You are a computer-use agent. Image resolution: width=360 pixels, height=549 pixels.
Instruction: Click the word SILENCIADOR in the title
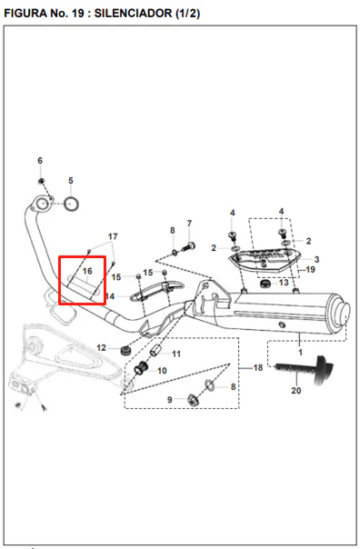point(133,14)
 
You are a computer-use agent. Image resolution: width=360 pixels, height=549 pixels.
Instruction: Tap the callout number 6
point(40,161)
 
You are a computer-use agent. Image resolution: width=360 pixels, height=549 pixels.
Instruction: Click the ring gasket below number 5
point(71,204)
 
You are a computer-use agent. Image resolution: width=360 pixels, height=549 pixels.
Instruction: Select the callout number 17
point(113,236)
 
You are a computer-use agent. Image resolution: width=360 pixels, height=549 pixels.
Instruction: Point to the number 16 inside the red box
point(87,271)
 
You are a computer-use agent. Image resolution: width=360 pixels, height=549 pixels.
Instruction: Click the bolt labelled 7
point(189,246)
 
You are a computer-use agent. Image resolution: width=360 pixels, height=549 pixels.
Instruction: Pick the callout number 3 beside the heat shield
point(316,259)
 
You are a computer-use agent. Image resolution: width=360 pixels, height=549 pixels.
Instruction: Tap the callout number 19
point(311,270)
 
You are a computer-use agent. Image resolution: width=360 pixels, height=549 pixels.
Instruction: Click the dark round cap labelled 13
point(265,283)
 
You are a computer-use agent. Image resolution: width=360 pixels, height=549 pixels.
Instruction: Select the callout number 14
point(110,296)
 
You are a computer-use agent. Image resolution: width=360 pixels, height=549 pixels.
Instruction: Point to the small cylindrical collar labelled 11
point(155,350)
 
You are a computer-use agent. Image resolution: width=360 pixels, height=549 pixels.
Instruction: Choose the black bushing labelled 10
point(141,368)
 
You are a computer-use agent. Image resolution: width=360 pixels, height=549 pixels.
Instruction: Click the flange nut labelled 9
point(193,400)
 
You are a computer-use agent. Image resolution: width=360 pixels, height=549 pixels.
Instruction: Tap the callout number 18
point(258,367)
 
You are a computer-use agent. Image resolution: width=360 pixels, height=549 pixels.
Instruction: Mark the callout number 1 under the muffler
point(300,353)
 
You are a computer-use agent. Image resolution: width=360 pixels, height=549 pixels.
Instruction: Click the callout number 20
point(296,390)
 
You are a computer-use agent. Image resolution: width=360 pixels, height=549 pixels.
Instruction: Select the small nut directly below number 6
point(41,181)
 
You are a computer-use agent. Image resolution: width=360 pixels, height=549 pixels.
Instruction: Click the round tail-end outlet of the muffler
point(343,313)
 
